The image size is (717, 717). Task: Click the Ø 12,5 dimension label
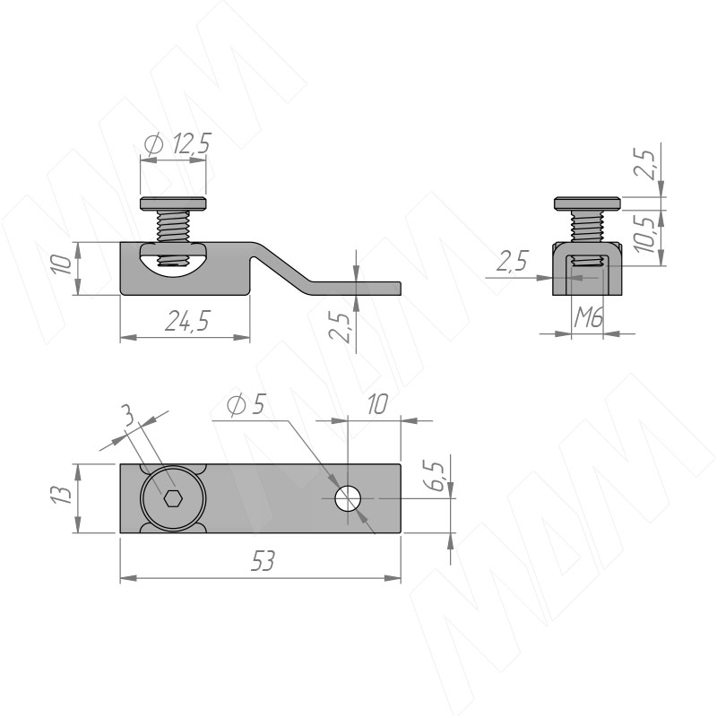[x=177, y=143]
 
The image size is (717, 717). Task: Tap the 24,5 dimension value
[x=187, y=321]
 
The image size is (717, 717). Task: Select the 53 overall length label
[x=263, y=561]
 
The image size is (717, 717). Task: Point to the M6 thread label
[x=588, y=317]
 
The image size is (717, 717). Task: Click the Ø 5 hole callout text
[x=246, y=404]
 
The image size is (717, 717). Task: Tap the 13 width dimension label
[x=61, y=495]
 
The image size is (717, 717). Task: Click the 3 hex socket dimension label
[x=130, y=416]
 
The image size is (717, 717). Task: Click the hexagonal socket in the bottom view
[x=173, y=498]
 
